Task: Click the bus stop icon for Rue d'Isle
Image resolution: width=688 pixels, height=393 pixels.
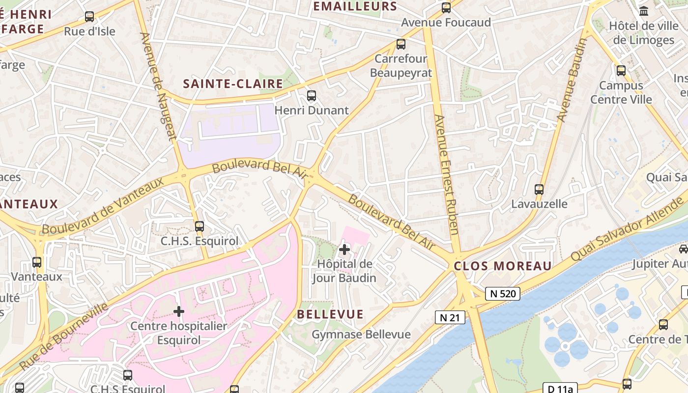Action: [x=89, y=17]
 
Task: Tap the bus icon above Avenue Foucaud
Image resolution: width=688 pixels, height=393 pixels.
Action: [x=446, y=8]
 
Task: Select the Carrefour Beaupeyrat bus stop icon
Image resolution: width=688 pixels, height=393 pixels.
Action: [x=401, y=44]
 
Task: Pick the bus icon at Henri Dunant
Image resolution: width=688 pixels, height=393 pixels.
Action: [x=311, y=96]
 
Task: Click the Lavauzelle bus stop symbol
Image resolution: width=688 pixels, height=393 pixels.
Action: [x=539, y=190]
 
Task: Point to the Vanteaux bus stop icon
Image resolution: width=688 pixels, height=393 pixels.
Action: [x=37, y=262]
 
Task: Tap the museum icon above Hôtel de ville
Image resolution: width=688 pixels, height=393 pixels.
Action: [x=643, y=11]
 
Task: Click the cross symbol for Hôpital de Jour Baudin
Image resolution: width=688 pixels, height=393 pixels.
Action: [x=344, y=250]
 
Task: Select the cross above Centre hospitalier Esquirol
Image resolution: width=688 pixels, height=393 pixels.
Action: [x=179, y=311]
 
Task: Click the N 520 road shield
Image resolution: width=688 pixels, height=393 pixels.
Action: [x=503, y=294]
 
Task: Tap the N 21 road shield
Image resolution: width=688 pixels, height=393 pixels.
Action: [x=450, y=317]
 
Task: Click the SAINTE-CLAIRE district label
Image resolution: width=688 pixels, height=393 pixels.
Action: [x=233, y=84]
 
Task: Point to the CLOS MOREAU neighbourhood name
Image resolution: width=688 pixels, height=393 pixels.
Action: [x=503, y=266]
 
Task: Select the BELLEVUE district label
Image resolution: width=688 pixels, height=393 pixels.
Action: [x=330, y=314]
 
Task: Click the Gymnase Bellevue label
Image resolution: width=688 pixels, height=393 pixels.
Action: [x=361, y=335]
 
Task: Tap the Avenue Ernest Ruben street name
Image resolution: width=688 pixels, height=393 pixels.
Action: [x=446, y=174]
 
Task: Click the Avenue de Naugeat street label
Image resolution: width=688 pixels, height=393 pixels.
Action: [x=158, y=86]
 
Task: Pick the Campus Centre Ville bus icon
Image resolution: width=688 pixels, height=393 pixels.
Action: [x=621, y=71]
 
